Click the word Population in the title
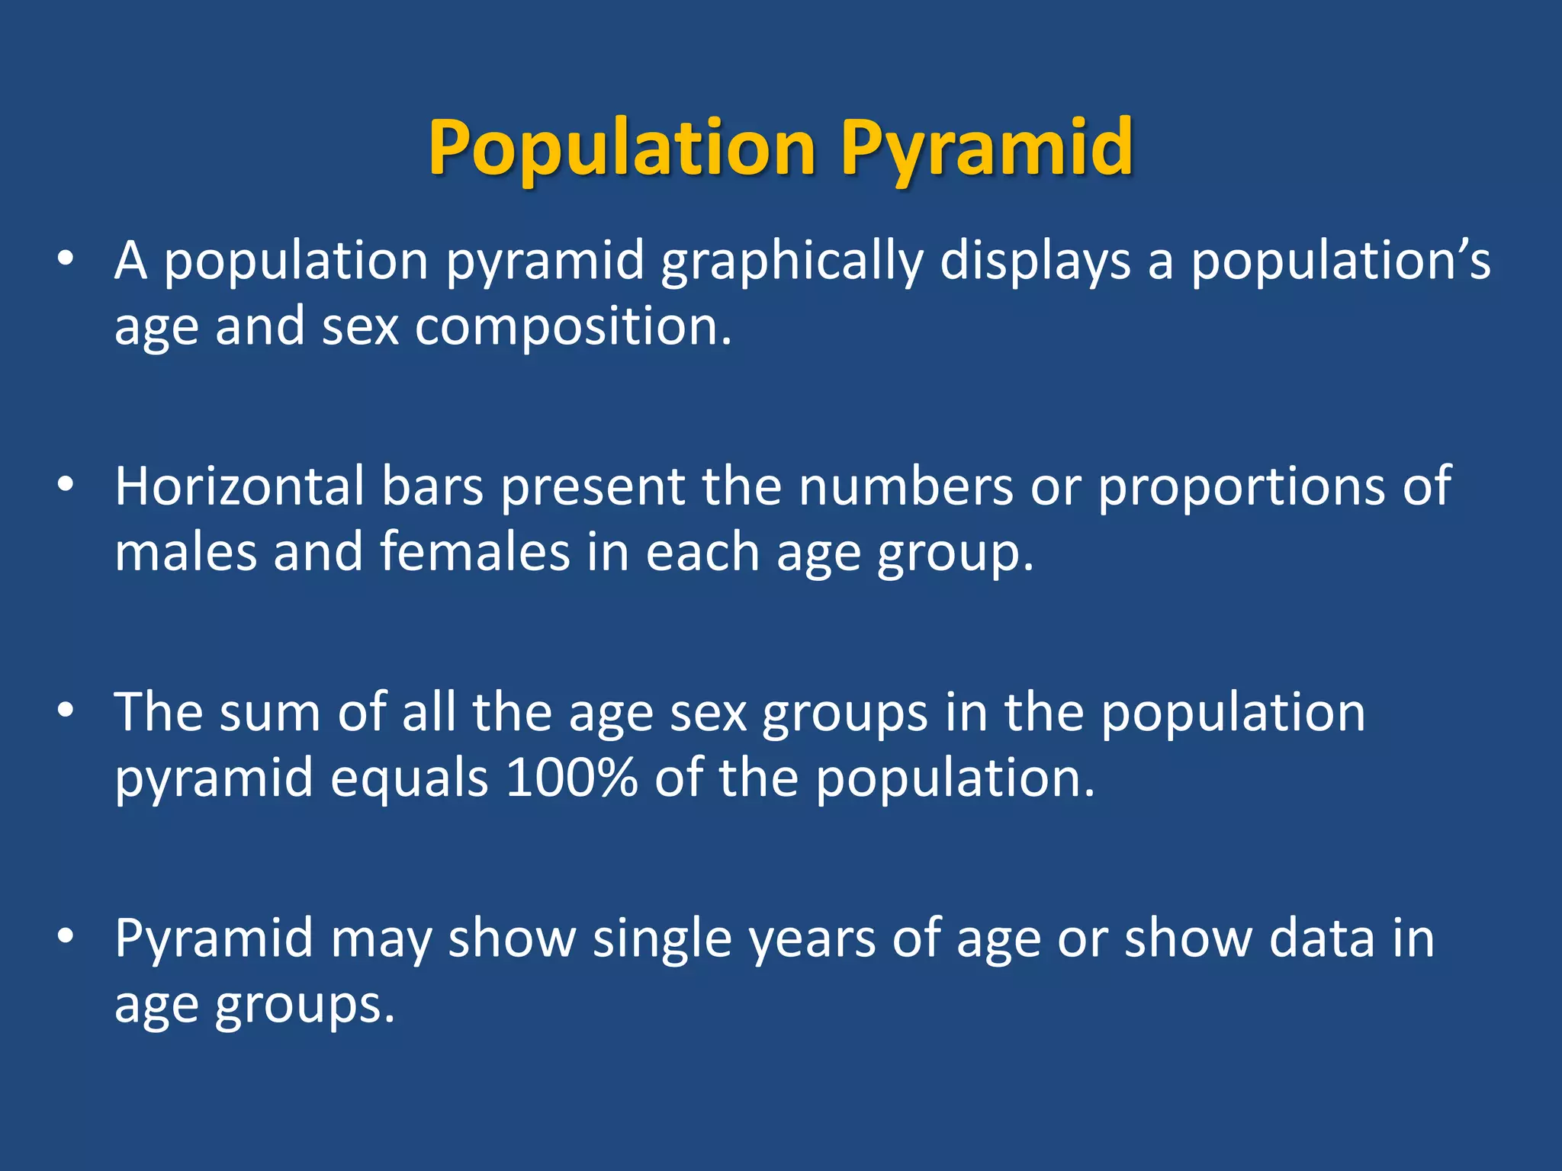[x=622, y=149]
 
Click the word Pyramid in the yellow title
[x=987, y=149]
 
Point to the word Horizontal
[x=239, y=486]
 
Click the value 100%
[x=571, y=778]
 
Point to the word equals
[x=409, y=780]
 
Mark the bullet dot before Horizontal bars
[x=66, y=485]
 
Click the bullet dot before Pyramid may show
[x=66, y=936]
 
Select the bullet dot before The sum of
[x=66, y=711]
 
